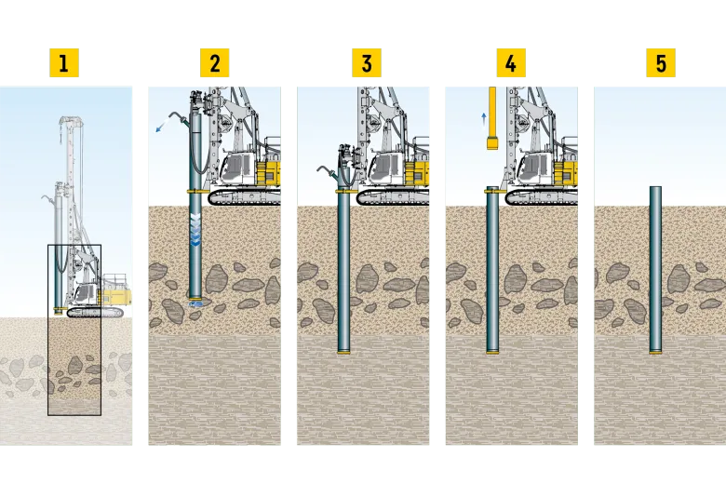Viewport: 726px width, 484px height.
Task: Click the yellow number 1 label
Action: click(64, 62)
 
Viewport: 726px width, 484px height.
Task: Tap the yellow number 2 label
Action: click(214, 62)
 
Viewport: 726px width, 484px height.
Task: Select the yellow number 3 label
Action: click(366, 62)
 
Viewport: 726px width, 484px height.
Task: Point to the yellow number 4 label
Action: click(511, 62)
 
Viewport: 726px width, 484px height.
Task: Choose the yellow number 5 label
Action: click(661, 62)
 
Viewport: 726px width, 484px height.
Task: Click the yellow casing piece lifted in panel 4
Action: click(492, 117)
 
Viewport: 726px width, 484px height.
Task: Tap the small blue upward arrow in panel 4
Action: click(484, 119)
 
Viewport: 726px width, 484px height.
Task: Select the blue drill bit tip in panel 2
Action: click(196, 303)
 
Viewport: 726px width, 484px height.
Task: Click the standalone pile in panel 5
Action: click(655, 271)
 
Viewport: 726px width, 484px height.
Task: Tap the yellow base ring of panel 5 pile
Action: click(655, 353)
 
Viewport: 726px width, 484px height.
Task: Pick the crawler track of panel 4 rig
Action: click(542, 196)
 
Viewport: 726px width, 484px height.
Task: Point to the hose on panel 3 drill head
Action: click(329, 171)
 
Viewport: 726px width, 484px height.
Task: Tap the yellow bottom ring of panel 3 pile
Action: click(344, 353)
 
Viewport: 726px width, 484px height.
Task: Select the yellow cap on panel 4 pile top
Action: click(492, 190)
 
